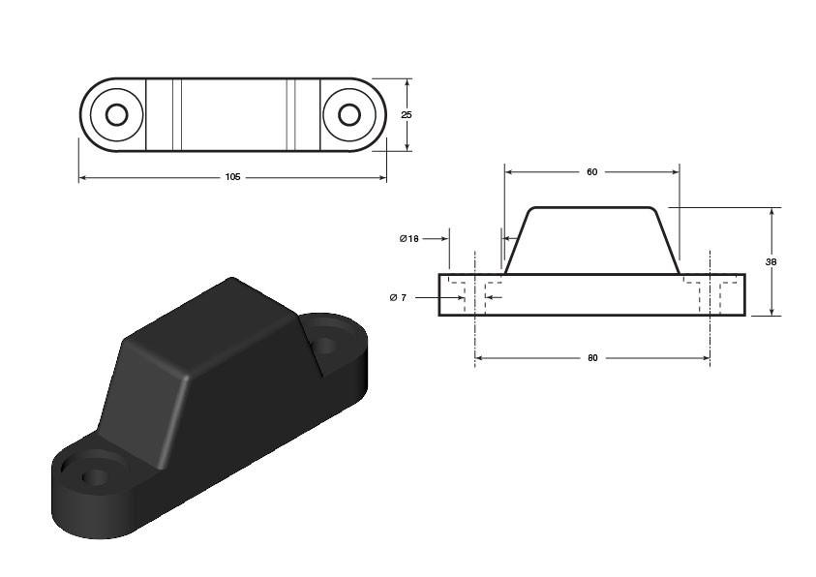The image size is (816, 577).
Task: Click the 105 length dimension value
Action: coord(232,177)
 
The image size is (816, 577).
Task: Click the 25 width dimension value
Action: coord(407,115)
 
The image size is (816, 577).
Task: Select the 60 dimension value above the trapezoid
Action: coord(592,172)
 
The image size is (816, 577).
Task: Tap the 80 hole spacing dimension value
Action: coord(592,358)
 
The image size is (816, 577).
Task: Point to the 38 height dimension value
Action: coord(771,262)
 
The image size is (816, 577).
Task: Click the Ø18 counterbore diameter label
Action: coord(409,239)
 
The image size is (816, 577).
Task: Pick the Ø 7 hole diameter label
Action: coord(398,297)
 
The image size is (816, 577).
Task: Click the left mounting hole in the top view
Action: coord(116,114)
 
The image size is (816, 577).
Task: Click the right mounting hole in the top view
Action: coord(349,114)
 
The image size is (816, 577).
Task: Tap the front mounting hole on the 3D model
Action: coord(95,475)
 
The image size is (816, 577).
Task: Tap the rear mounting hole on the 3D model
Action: coord(325,344)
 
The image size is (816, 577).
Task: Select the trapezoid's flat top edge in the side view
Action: coord(591,207)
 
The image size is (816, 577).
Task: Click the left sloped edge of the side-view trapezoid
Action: coord(517,241)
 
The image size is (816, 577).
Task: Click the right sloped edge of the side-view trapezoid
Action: coord(667,241)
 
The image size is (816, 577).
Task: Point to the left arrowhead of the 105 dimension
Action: coord(82,178)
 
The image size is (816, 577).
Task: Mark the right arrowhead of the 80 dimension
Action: coord(707,358)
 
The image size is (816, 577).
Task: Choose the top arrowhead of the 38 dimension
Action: coord(771,212)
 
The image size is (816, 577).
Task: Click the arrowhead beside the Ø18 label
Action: coord(445,239)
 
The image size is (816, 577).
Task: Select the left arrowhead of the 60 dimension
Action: coord(509,172)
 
